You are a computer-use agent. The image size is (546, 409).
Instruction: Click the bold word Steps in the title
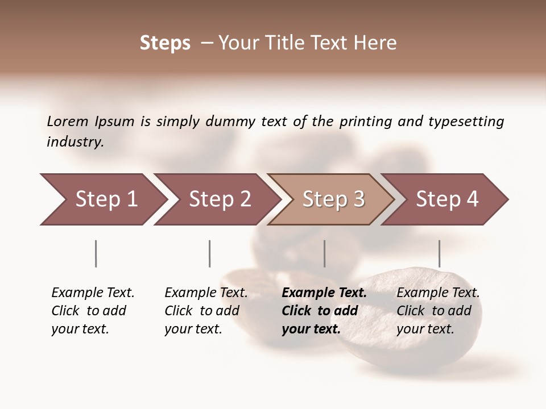165,43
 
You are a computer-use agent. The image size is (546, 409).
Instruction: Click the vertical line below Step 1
96,253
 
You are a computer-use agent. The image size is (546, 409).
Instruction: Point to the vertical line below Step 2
210,253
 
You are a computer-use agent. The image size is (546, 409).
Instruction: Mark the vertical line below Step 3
325,253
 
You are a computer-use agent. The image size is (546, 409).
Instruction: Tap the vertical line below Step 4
439,253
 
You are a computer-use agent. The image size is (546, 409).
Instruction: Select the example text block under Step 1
93,311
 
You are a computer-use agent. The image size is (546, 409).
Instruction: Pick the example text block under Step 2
206,311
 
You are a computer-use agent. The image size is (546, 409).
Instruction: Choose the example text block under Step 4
438,311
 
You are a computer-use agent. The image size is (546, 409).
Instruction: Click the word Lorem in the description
68,122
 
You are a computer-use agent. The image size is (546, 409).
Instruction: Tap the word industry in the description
75,142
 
